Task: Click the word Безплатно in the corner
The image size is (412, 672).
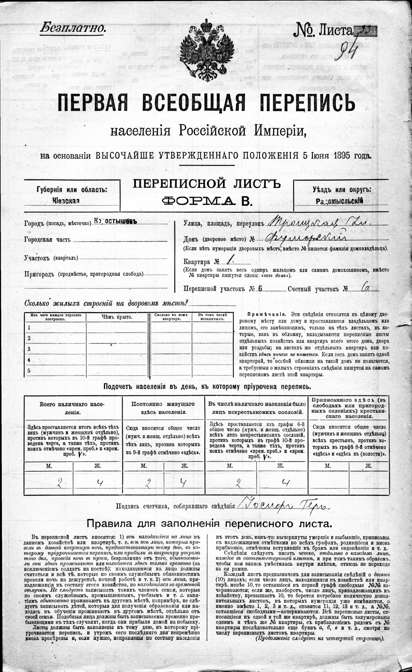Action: click(x=73, y=28)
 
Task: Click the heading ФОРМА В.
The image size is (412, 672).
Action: click(x=207, y=201)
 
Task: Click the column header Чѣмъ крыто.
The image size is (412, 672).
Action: click(x=117, y=317)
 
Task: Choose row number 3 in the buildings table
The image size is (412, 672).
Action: click(x=29, y=349)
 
